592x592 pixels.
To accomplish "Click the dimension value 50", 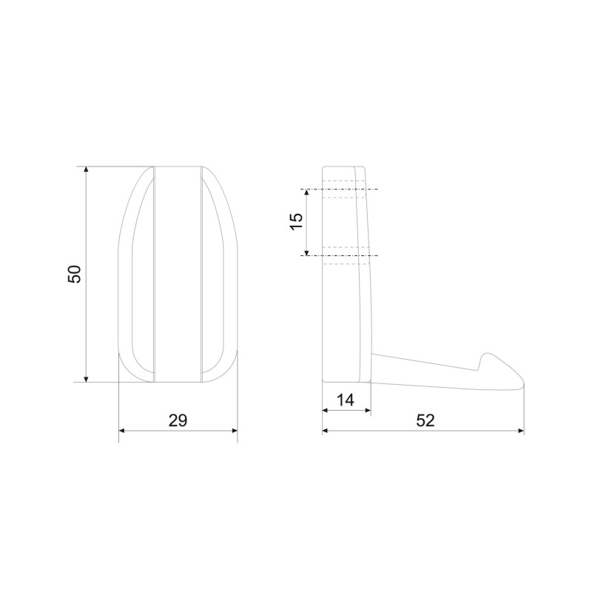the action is pyautogui.click(x=75, y=274).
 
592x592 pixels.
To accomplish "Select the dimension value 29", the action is pyautogui.click(x=178, y=420).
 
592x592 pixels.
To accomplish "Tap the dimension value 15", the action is pyautogui.click(x=297, y=221).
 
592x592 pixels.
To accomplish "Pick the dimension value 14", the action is pyautogui.click(x=346, y=400).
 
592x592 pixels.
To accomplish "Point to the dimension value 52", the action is pyautogui.click(x=425, y=420).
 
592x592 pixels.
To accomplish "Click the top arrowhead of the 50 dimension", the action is pyautogui.click(x=87, y=169).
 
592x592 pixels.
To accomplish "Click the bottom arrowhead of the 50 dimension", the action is pyautogui.click(x=87, y=379).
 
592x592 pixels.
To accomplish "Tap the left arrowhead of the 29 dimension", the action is pyautogui.click(x=121, y=431).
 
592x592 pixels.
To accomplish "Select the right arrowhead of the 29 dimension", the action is pyautogui.click(x=235, y=431).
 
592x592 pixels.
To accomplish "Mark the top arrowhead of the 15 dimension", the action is pyautogui.click(x=306, y=192).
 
